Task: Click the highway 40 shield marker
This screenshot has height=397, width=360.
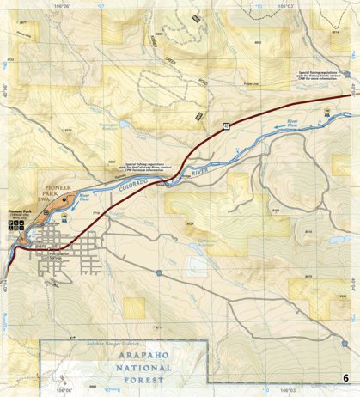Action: click(224, 126)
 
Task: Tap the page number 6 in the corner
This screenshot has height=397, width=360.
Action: click(345, 378)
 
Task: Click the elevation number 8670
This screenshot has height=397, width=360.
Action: click(307, 276)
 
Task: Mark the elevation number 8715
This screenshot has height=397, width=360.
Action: click(158, 327)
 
